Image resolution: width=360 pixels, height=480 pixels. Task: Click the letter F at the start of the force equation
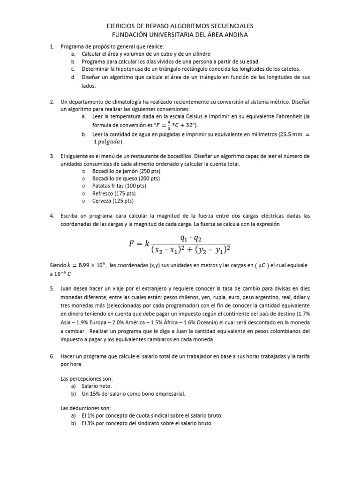(x=132, y=243)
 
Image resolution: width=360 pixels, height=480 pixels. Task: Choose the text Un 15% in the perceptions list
(x=90, y=394)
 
